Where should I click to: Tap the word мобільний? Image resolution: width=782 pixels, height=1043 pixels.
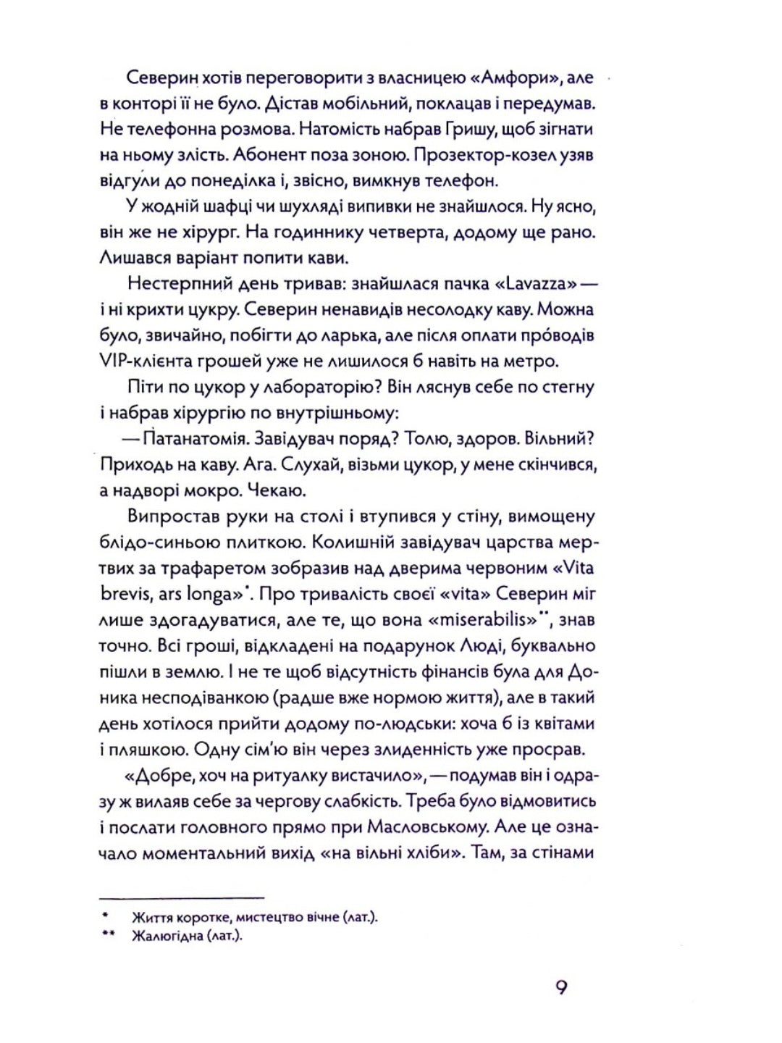tap(379, 104)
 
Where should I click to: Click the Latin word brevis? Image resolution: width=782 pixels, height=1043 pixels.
tap(127, 593)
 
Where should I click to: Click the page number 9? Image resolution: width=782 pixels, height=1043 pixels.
tap(561, 988)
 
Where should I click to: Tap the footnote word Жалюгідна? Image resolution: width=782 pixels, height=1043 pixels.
tap(167, 936)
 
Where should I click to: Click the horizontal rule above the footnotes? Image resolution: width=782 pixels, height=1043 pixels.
tap(181, 897)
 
